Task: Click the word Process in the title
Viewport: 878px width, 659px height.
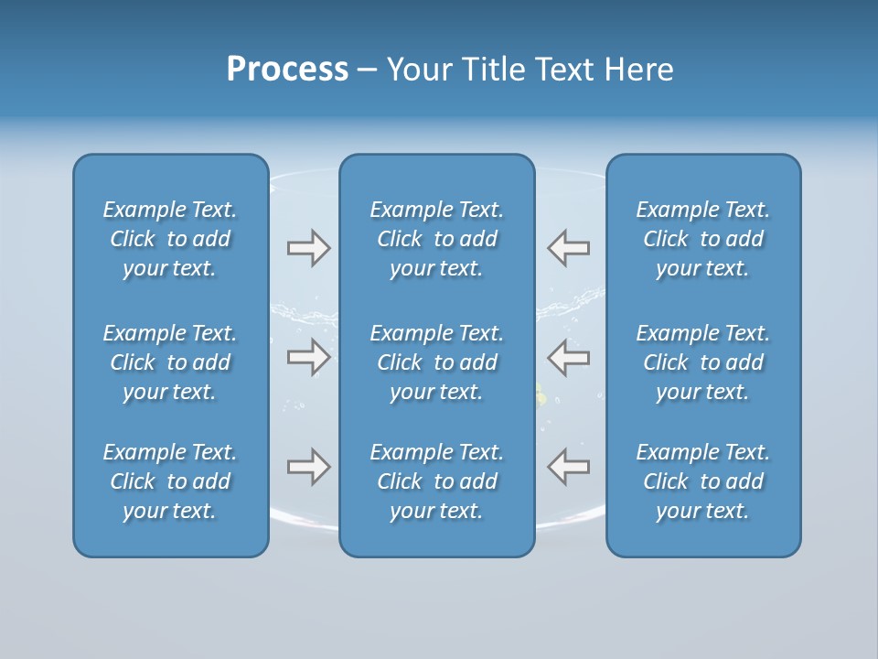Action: coord(287,70)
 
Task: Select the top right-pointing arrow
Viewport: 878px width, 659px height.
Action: coord(308,248)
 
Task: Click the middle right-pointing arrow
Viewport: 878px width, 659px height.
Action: coord(308,357)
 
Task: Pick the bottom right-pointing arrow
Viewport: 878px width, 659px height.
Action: coord(308,467)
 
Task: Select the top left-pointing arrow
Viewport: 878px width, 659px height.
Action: coord(568,248)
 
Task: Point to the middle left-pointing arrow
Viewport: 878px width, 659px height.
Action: coord(568,357)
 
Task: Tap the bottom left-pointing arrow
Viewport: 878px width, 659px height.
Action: coord(568,467)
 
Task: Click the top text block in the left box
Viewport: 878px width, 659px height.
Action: coord(170,239)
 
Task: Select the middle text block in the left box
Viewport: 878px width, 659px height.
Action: coord(170,362)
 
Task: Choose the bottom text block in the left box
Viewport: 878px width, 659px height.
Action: coord(170,481)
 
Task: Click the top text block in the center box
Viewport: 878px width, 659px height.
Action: coord(436,239)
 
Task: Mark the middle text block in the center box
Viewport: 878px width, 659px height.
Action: coord(436,362)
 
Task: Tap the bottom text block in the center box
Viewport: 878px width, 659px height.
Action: coord(436,481)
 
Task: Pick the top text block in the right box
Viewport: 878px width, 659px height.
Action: coord(703,239)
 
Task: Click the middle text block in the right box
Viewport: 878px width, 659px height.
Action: coord(703,362)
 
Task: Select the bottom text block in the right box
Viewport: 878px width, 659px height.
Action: coord(703,481)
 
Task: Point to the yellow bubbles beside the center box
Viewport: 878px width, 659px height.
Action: coord(541,395)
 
